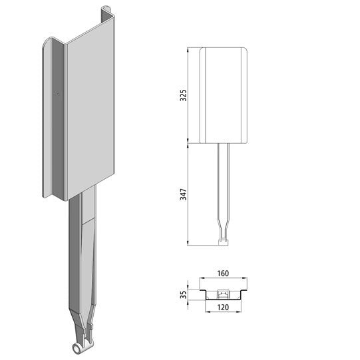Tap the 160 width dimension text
click(x=224, y=272)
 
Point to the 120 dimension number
click(x=224, y=309)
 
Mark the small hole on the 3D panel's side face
click(x=57, y=94)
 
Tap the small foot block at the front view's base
click(x=224, y=242)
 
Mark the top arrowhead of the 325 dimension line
click(x=190, y=50)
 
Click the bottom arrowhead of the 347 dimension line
click(x=190, y=244)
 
